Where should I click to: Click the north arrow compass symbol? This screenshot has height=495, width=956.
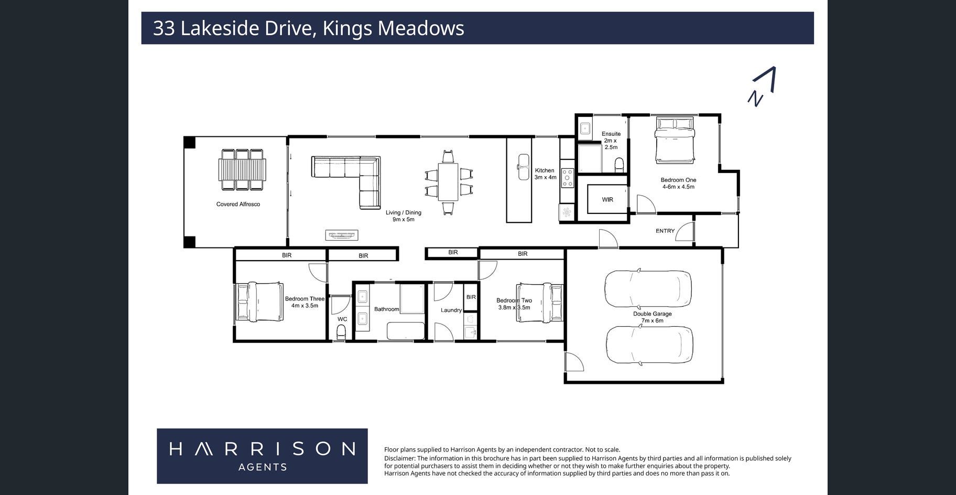(x=762, y=87)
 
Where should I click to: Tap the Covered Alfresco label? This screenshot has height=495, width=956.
(x=238, y=204)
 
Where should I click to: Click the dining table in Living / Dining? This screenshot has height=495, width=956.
(x=448, y=182)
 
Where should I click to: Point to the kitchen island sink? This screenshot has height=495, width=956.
(x=524, y=167)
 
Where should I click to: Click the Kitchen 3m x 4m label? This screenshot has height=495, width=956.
(x=545, y=174)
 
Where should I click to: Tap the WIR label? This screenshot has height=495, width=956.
(x=607, y=200)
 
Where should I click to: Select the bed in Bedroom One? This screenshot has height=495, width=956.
(x=676, y=140)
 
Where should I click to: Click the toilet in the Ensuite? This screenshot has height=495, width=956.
(x=620, y=165)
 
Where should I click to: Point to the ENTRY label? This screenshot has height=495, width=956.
(x=665, y=231)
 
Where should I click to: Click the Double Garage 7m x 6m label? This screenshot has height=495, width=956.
(x=652, y=317)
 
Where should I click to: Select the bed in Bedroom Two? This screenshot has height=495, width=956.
(x=539, y=303)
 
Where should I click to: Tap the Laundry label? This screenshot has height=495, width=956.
(x=451, y=310)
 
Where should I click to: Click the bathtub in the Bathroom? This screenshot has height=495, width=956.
(x=406, y=331)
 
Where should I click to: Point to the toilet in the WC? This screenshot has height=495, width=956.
(x=341, y=331)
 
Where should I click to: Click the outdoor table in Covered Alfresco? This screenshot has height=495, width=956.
(x=242, y=169)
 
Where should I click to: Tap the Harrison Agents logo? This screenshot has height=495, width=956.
(x=262, y=456)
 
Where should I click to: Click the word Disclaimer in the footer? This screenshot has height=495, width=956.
(x=399, y=458)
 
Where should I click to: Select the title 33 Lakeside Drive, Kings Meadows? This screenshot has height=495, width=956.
(x=308, y=28)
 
